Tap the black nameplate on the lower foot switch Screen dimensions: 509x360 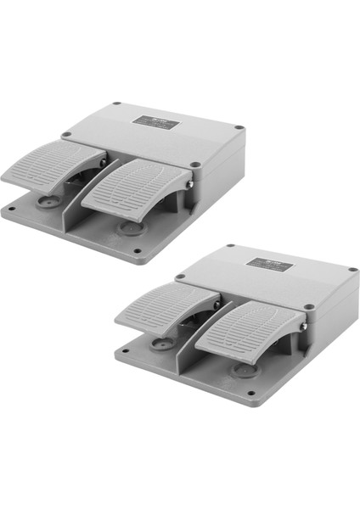(269, 266)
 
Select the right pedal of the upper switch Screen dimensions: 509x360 (140, 187)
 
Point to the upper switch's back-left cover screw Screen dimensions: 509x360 (116, 104)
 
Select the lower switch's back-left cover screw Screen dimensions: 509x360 (228, 247)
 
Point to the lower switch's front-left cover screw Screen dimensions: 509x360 (180, 277)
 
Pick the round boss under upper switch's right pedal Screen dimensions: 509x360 (129, 227)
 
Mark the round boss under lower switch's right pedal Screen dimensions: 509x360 (243, 369)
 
